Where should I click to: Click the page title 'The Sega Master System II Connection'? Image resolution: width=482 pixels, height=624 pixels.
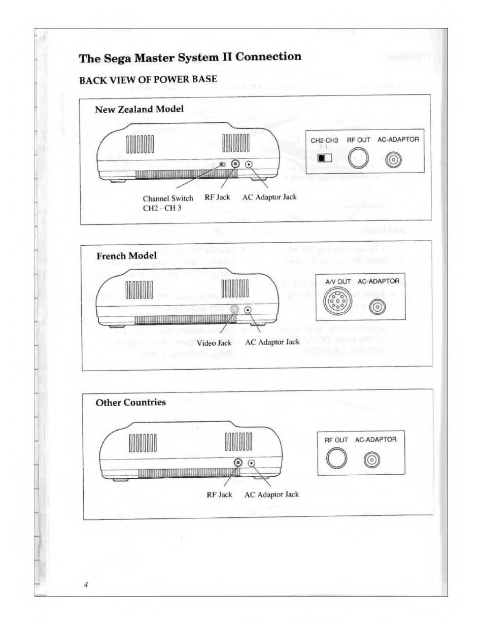pyautogui.click(x=190, y=57)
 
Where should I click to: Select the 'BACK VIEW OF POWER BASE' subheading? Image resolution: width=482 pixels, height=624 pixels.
pyautogui.click(x=148, y=80)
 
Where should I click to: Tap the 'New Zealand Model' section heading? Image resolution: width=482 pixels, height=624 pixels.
pyautogui.click(x=140, y=109)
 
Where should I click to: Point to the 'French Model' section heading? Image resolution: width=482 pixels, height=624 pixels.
pyautogui.click(x=126, y=255)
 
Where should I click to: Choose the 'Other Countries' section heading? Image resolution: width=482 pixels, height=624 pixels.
pyautogui.click(x=131, y=402)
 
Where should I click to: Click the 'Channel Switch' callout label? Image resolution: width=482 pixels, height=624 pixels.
pyautogui.click(x=168, y=198)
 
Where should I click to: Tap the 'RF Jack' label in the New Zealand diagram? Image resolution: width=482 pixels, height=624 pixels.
pyautogui.click(x=217, y=197)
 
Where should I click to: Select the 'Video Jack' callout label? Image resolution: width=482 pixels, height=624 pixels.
pyautogui.click(x=214, y=343)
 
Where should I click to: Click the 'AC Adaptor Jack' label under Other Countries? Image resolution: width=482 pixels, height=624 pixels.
pyautogui.click(x=271, y=494)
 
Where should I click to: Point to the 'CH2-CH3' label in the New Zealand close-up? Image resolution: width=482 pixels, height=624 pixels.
pyautogui.click(x=324, y=140)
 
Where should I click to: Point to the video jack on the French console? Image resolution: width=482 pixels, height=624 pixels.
pyautogui.click(x=234, y=310)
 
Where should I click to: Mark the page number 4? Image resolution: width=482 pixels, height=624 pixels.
pyautogui.click(x=87, y=585)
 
